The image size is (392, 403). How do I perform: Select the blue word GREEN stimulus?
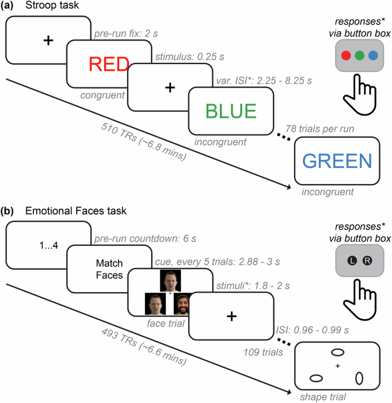(337, 161)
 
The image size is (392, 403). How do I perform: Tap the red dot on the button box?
(346, 56)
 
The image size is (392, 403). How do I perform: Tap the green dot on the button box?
(359, 56)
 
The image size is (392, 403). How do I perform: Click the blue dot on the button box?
(373, 56)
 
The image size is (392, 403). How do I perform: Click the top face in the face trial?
(169, 281)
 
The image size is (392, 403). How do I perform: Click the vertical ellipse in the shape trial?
(359, 378)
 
